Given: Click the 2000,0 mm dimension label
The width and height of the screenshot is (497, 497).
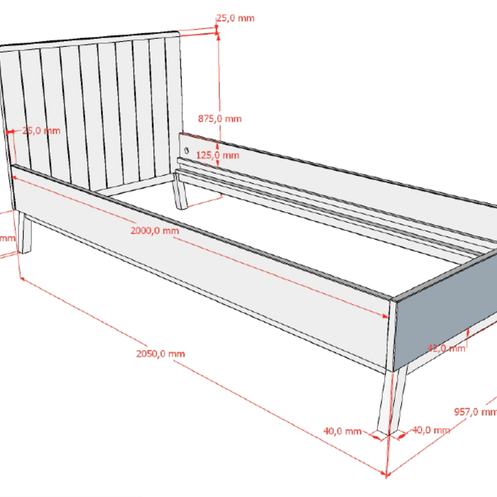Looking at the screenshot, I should click(155, 231).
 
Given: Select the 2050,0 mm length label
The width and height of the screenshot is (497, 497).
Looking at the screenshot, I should click(160, 354).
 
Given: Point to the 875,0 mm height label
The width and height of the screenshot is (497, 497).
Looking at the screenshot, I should click(220, 119).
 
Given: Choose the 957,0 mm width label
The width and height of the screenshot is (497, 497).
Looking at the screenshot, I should click(475, 412).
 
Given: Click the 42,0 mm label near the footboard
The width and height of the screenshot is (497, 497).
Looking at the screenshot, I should click(446, 348).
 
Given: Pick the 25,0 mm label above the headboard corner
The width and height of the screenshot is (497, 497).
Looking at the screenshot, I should click(235, 18).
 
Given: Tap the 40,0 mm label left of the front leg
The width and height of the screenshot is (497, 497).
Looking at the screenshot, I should click(342, 431).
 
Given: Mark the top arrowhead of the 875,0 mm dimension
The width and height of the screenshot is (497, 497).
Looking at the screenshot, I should click(217, 35).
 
